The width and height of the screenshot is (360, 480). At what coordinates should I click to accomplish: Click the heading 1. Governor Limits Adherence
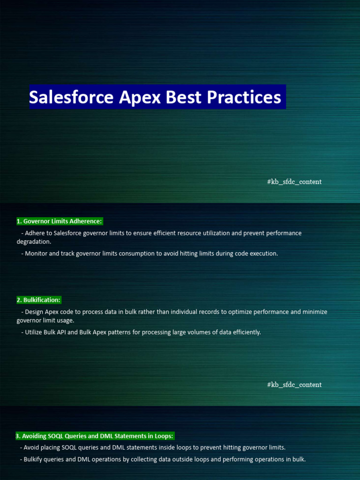coord(59,221)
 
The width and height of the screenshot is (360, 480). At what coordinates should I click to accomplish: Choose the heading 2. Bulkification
coord(39,300)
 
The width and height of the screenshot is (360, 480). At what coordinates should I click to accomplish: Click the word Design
coord(34,312)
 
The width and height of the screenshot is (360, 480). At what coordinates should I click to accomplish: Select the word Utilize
coord(35,332)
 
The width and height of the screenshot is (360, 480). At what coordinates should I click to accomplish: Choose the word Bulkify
coord(35,459)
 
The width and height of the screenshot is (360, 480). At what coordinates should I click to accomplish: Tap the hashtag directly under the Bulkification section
coord(294,385)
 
